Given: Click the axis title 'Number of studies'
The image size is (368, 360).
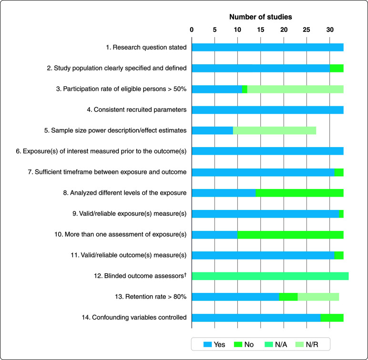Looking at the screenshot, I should click(x=260, y=17).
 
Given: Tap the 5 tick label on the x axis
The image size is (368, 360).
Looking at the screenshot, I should click(x=215, y=30).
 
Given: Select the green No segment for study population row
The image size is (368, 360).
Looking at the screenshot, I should click(x=336, y=68).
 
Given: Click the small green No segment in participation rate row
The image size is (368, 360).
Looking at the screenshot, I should click(x=245, y=89).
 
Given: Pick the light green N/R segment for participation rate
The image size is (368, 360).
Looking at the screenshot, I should click(x=295, y=89).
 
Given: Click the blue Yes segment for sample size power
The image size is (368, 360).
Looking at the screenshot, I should click(x=212, y=130).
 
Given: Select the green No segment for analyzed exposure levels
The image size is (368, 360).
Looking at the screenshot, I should click(x=299, y=193).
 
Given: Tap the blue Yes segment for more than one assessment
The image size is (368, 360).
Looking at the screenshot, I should click(x=215, y=234).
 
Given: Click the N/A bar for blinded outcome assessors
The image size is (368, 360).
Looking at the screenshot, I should click(x=270, y=276).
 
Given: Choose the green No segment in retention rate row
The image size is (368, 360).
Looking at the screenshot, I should click(x=288, y=297).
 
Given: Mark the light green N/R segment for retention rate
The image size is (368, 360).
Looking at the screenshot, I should click(x=318, y=297).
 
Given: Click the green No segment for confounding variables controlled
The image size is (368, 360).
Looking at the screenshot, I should click(x=332, y=318).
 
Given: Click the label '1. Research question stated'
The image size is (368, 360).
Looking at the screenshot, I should click(x=146, y=47).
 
